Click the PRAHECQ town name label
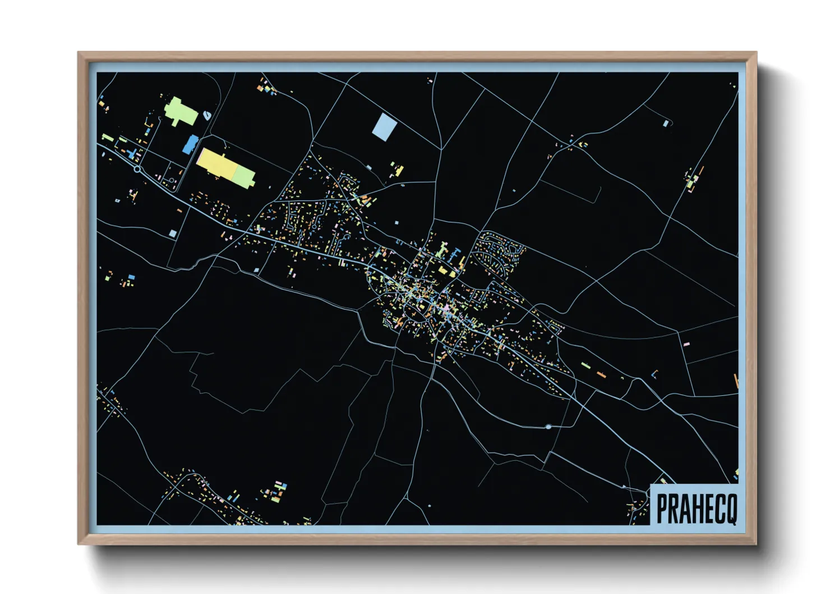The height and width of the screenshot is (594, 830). [696, 508]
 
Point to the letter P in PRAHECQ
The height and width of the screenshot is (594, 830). [662, 508]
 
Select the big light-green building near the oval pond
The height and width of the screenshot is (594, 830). [181, 111]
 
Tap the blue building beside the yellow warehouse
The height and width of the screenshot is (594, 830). [190, 144]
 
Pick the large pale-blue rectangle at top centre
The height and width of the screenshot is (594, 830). [384, 126]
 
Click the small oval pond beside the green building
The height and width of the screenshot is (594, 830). [208, 115]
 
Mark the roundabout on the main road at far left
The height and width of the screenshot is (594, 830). [137, 169]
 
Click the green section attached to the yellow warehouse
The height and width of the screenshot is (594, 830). [244, 176]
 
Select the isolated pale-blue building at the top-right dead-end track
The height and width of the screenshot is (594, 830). [666, 124]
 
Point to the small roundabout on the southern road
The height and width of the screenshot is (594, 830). [548, 427]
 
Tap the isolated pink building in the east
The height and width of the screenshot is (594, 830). [686, 344]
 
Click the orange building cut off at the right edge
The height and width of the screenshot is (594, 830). [736, 380]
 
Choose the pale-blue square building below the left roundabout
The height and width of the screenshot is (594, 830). [173, 233]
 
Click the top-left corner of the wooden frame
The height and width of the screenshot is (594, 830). [79, 53]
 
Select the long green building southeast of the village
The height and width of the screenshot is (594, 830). [585, 365]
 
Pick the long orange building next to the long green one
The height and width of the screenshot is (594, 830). [601, 374]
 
